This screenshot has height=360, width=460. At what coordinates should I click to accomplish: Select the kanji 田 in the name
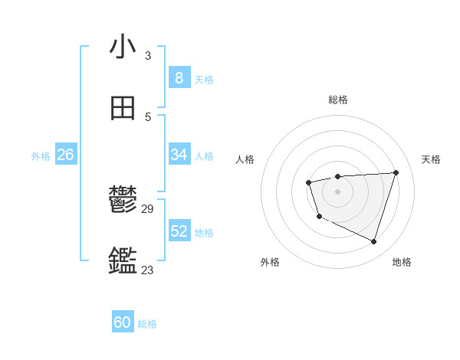pyautogui.click(x=123, y=109)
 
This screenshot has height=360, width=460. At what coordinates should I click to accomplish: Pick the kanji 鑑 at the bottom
pyautogui.click(x=123, y=260)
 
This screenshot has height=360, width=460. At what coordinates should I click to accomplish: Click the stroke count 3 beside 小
pyautogui.click(x=148, y=56)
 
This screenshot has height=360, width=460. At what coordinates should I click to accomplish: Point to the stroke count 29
pyautogui.click(x=148, y=209)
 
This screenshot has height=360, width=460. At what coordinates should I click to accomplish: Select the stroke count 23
pyautogui.click(x=148, y=270)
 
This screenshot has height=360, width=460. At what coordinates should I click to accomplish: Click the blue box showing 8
pyautogui.click(x=179, y=77)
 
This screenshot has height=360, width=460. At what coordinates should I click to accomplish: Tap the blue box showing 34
pyautogui.click(x=179, y=155)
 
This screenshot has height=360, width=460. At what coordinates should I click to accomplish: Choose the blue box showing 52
pyautogui.click(x=179, y=231)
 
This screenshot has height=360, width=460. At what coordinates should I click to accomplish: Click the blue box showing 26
pyautogui.click(x=65, y=155)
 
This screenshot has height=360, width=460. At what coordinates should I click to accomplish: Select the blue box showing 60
pyautogui.click(x=123, y=322)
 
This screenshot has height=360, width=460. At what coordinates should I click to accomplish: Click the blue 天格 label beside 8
pyautogui.click(x=204, y=79)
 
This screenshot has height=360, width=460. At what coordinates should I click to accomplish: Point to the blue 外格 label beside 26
pyautogui.click(x=41, y=156)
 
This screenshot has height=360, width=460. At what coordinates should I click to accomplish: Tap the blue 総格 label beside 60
pyautogui.click(x=147, y=324)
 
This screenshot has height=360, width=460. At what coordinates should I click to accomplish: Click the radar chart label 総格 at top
pyautogui.click(x=337, y=100)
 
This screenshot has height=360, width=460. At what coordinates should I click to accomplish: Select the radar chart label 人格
pyautogui.click(x=245, y=159)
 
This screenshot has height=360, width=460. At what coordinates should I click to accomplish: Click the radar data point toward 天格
pyautogui.click(x=396, y=172)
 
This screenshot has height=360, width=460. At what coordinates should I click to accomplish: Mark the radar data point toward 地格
pyautogui.click(x=373, y=242)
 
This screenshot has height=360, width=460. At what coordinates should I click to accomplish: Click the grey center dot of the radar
pyautogui.click(x=337, y=191)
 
